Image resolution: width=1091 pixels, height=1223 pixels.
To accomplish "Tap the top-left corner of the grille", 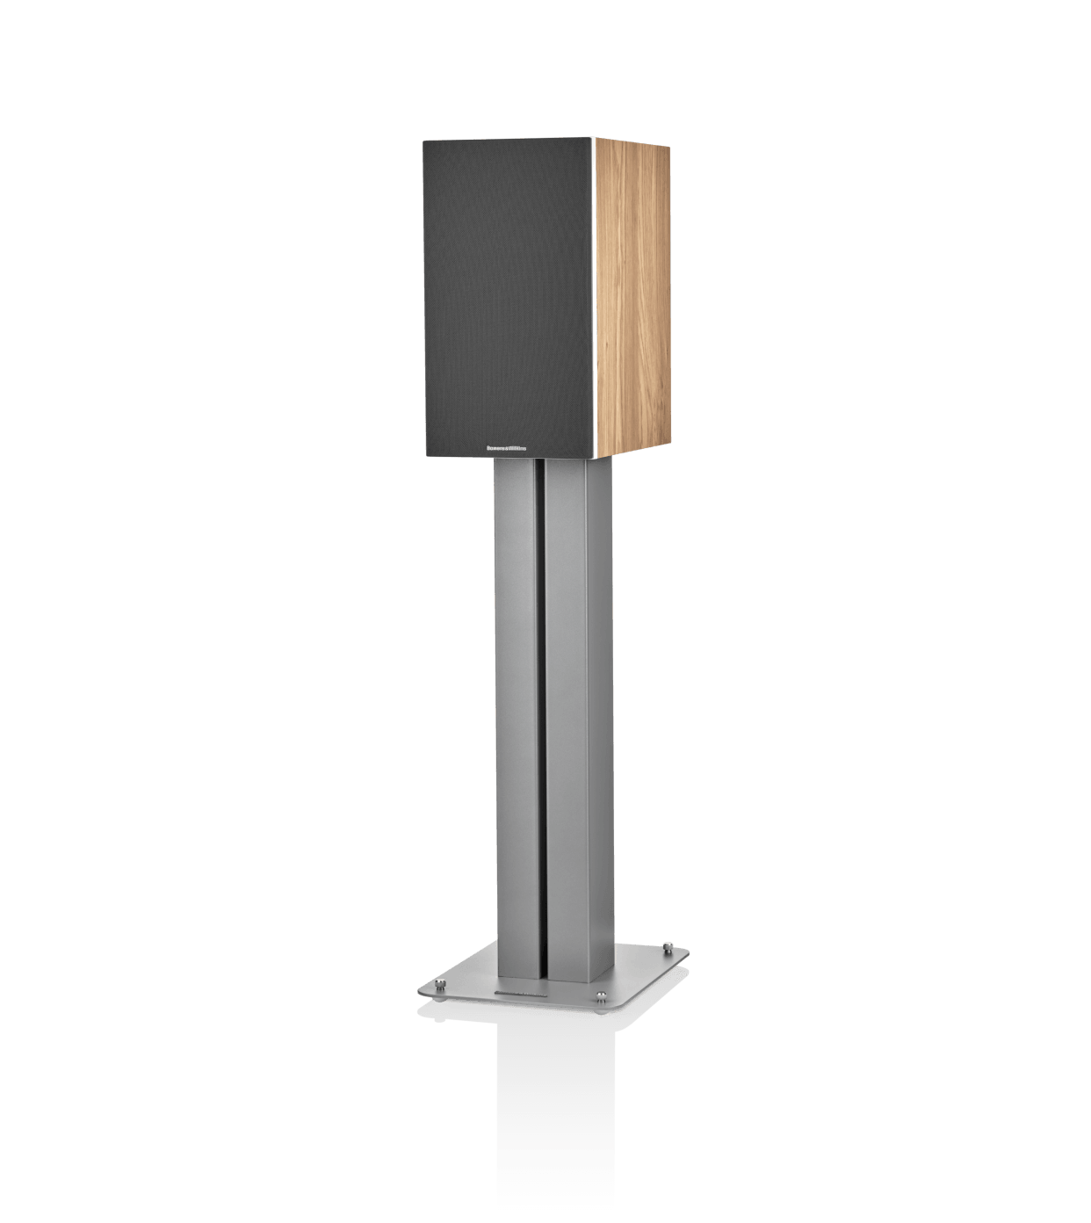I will point(423,141).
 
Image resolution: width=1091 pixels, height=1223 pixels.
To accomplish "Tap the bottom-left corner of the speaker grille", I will point(425,456).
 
